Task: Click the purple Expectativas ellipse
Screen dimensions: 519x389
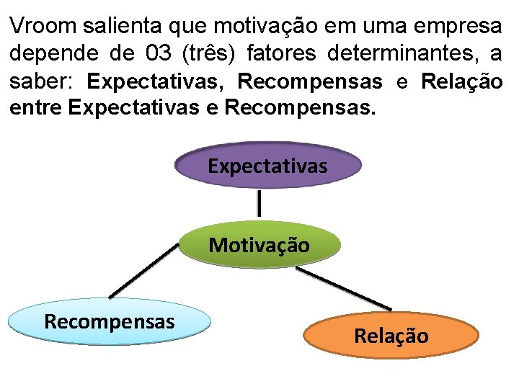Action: (x=267, y=166)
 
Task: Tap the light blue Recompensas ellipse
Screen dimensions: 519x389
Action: (x=110, y=322)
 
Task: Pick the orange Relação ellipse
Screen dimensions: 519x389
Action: (x=391, y=336)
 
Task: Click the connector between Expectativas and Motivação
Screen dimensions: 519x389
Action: (x=259, y=204)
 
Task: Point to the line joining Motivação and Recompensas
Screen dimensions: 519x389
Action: (x=144, y=271)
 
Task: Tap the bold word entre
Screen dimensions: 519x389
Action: (x=36, y=109)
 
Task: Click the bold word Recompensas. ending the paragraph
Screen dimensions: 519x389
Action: (x=301, y=109)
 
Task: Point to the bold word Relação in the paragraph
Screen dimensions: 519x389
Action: (x=462, y=81)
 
